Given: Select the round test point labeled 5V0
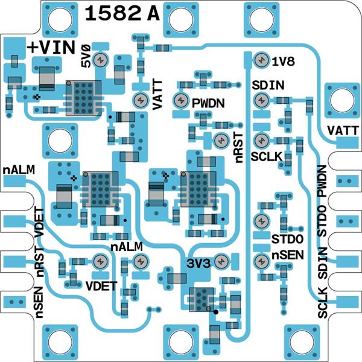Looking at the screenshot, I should point(101,59).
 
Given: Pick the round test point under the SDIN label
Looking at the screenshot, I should point(261,100).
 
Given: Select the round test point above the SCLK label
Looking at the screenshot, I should point(261,141).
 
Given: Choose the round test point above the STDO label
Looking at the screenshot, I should point(261,221).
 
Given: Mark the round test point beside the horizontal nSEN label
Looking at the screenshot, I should point(261,261).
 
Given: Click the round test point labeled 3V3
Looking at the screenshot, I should point(221,261).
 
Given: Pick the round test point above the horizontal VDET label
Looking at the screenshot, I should point(100,261).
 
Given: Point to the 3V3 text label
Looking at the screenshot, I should point(197,262).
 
